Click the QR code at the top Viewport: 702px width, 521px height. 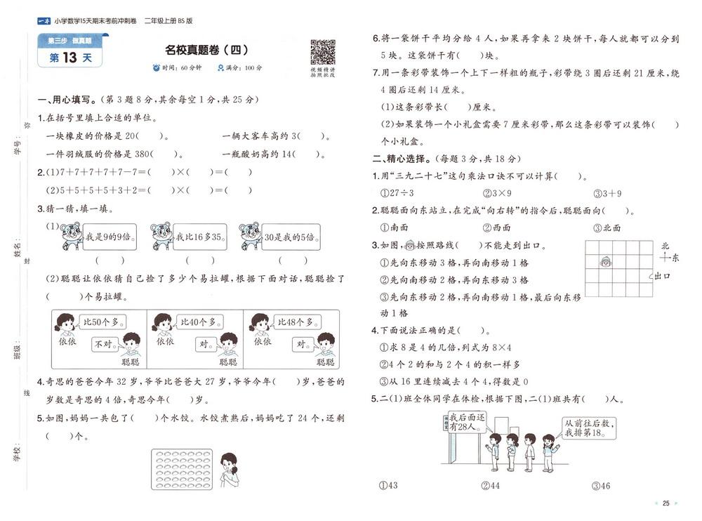[322, 52]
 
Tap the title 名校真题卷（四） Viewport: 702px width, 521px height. [206, 50]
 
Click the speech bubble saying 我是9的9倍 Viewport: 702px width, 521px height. [105, 238]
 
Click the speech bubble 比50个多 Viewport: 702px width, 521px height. [102, 322]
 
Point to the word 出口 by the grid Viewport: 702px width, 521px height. [662, 277]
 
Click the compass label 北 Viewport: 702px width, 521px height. [665, 246]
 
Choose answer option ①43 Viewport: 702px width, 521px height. [388, 485]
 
